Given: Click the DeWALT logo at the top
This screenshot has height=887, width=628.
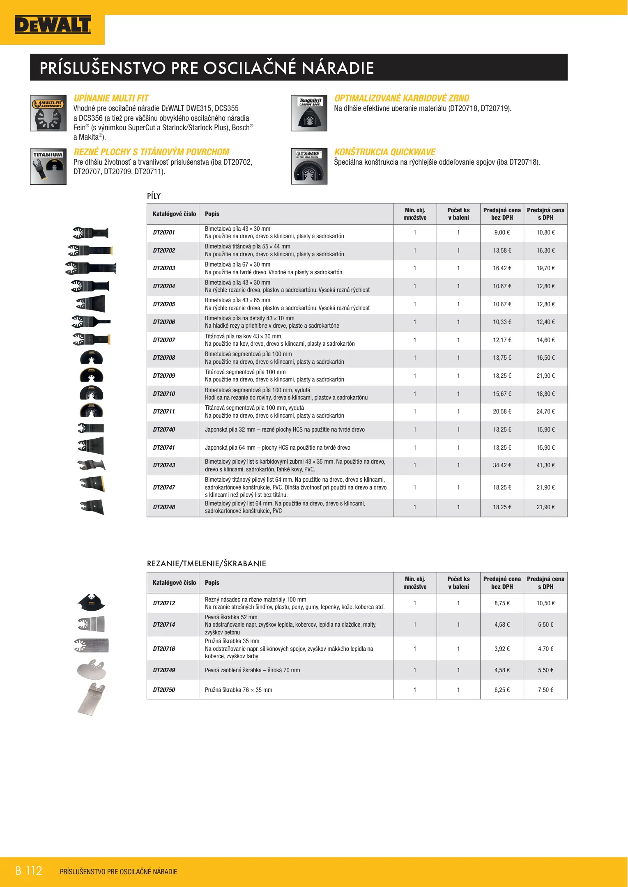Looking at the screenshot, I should pos(53,25).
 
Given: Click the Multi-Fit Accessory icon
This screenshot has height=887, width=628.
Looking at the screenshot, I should pos(48,113).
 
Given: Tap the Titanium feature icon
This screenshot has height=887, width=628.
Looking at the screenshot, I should pos(48,166).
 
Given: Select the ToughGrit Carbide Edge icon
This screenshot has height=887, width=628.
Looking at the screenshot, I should pos(309,113).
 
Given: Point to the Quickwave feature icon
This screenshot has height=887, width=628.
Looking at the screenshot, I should pos(309,166).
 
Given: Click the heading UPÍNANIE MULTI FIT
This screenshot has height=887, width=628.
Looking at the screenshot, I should pos(111,99).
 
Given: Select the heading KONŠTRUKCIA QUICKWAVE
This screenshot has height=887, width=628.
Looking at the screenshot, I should pos(385,152).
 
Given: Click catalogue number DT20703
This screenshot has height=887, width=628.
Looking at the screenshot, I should pos(164,268).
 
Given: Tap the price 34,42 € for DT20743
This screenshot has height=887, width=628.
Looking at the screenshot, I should pos(502,465).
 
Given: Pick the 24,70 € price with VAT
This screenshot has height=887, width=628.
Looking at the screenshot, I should pos(545,411).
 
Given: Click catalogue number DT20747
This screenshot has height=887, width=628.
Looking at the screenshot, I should pos(164,487).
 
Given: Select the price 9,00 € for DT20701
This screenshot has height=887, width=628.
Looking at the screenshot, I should pos(502,232).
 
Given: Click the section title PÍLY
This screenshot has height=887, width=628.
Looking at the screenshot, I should pos(154,196).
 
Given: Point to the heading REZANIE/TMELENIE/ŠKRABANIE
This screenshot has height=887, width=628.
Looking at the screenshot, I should pos(206,564).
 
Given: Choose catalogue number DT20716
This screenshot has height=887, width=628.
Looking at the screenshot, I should pos(164,649).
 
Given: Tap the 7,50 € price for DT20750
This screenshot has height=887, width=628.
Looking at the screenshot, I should pos(545,690).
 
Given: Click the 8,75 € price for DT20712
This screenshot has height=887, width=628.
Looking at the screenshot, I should pos(502,603).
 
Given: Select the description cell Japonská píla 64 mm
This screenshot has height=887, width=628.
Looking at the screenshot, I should pos(278,448).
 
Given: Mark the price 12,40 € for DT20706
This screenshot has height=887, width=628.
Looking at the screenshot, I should pos(545,322).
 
